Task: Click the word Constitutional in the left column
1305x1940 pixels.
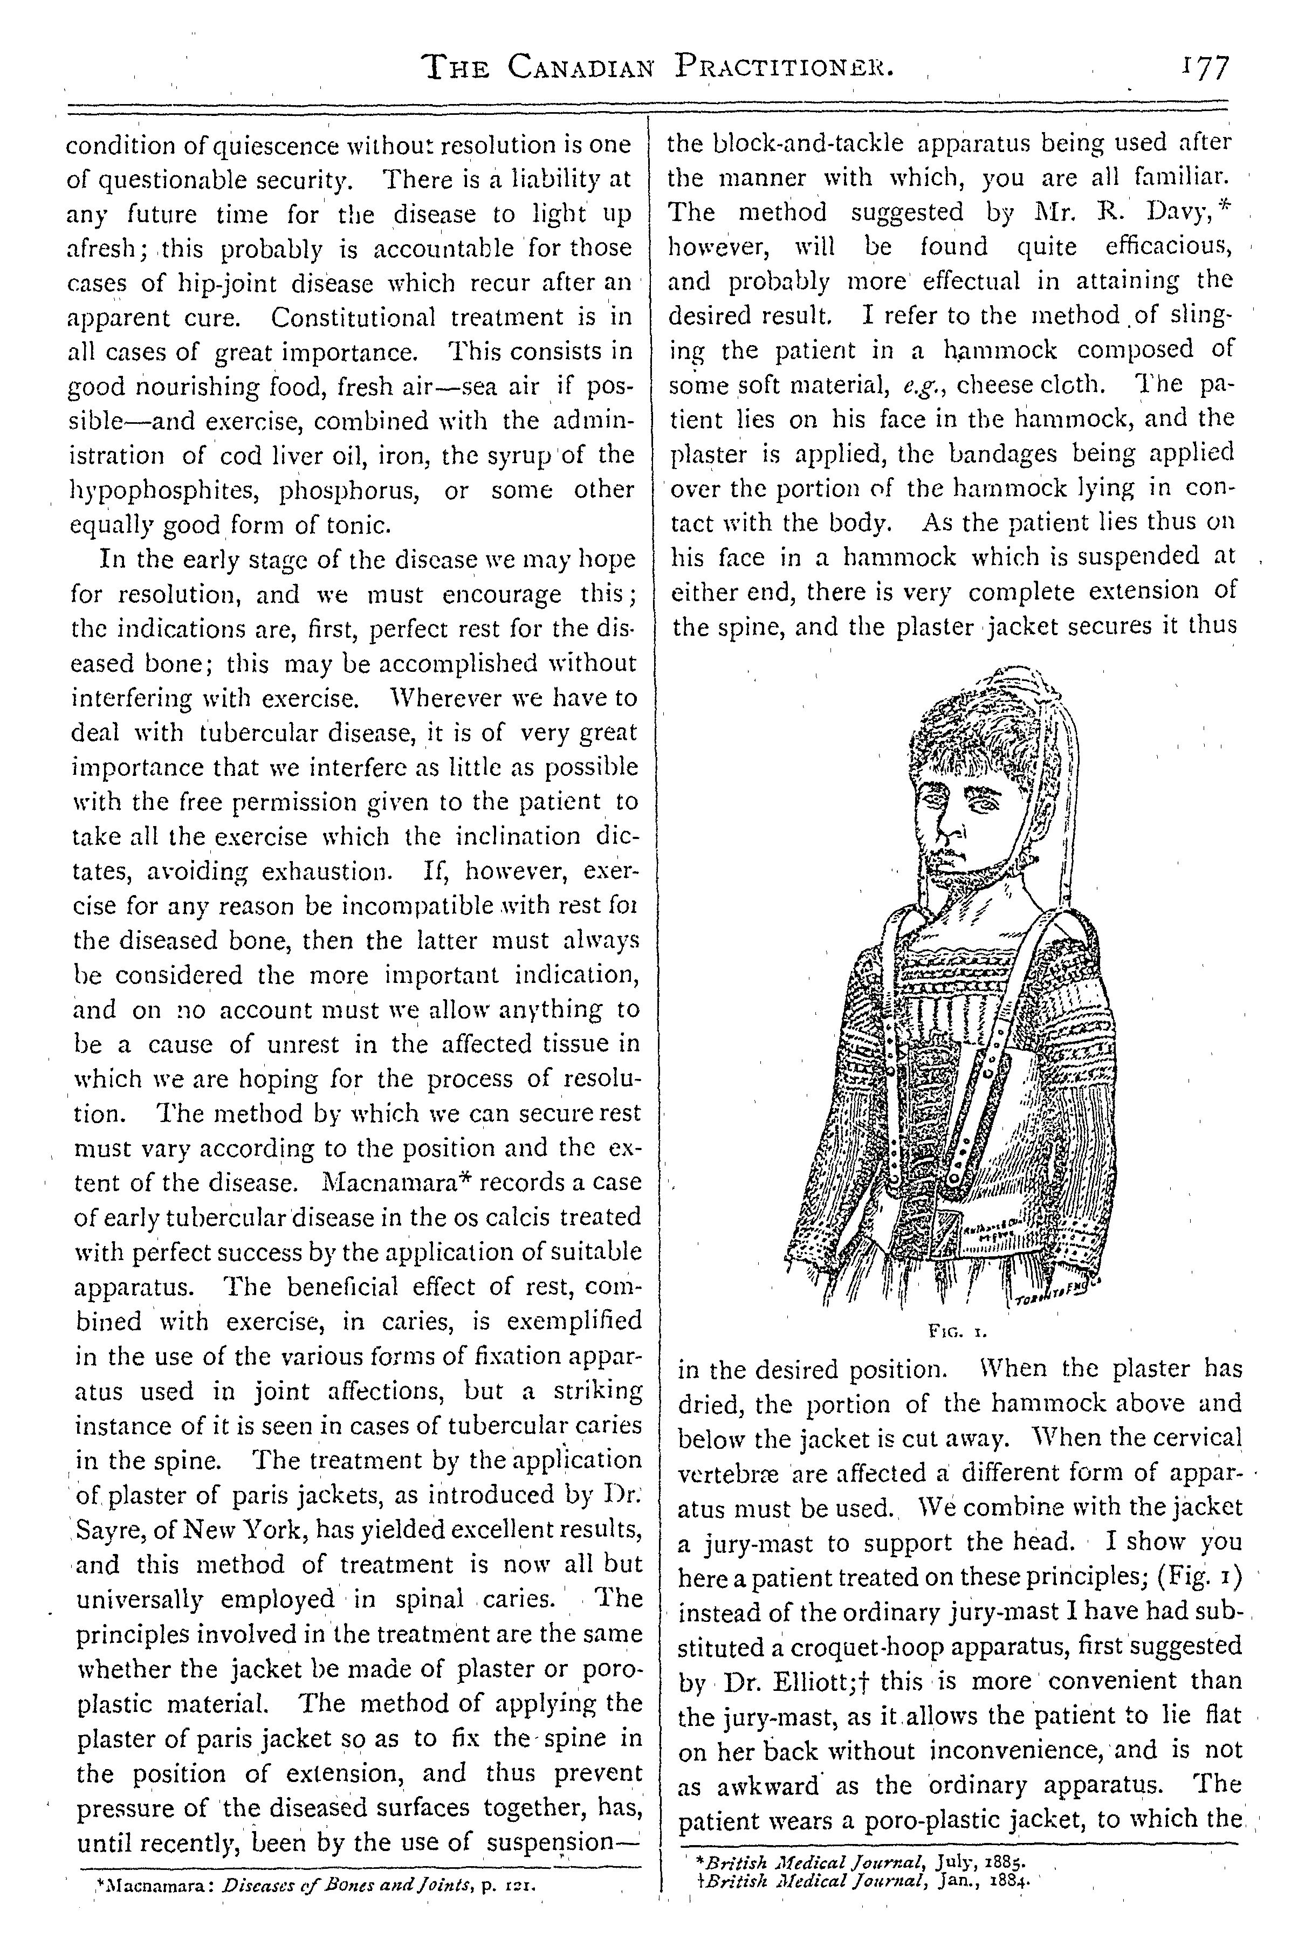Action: pos(353,318)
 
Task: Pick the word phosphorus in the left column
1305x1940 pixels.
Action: pos(349,491)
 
